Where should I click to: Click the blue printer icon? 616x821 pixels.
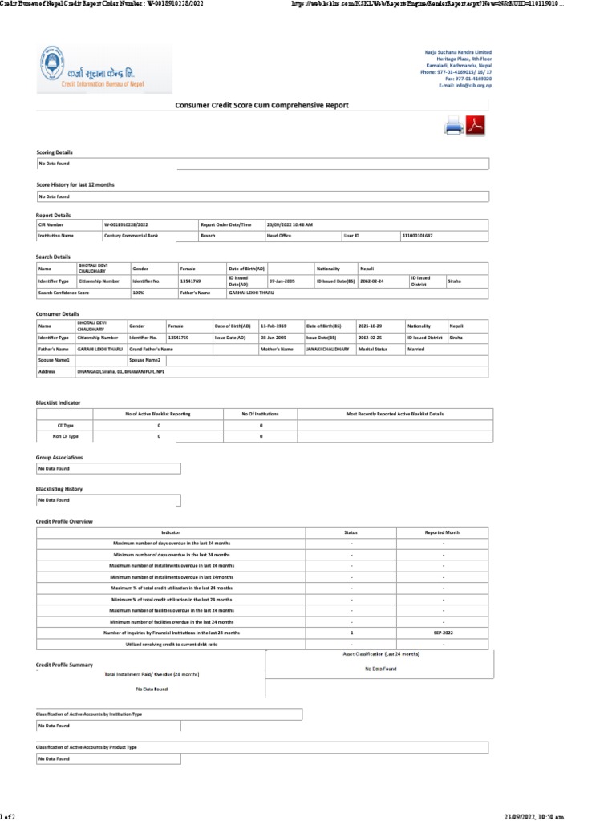pos(454,126)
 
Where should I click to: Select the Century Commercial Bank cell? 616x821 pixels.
pos(131,236)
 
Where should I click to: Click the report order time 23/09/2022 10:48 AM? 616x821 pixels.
pos(290,225)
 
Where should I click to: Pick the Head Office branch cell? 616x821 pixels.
pos(278,236)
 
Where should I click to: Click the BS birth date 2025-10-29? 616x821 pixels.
pos(370,326)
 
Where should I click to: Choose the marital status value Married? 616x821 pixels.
pos(417,350)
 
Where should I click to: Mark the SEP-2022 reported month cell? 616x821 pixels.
pos(444,633)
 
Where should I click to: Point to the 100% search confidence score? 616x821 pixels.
pos(138,293)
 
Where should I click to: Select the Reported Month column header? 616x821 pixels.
pos(443,532)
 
